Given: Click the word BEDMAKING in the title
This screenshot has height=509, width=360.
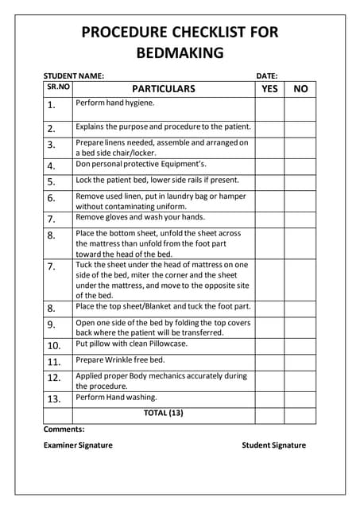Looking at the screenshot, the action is tap(180, 54).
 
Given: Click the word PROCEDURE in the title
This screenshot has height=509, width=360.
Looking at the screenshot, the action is tap(133, 33).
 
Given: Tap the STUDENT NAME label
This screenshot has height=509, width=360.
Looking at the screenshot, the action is tap(74, 76).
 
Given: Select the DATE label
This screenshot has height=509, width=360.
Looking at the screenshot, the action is tap(267, 76).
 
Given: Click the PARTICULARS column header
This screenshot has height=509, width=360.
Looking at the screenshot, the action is tap(163, 89).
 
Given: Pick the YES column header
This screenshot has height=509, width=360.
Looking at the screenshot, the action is tap(269, 89).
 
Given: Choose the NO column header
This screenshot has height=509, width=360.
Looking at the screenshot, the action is tap(300, 89).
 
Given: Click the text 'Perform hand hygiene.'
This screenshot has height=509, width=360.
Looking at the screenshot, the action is tap(115, 103).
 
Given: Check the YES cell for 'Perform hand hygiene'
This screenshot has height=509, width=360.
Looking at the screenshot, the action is tap(269, 108).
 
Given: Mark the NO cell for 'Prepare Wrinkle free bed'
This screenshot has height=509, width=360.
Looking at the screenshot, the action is tap(300, 362).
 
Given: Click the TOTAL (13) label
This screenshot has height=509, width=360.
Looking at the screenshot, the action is tap(163, 413).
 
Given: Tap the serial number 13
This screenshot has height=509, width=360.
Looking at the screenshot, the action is tap(54, 399).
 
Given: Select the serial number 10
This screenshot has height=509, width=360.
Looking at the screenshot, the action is tap(54, 346).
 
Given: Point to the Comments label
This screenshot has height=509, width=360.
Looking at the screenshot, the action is tap(64, 429).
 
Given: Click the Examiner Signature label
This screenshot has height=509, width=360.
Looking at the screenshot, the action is tap(78, 445).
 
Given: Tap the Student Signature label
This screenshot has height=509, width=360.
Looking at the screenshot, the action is tap(273, 445).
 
